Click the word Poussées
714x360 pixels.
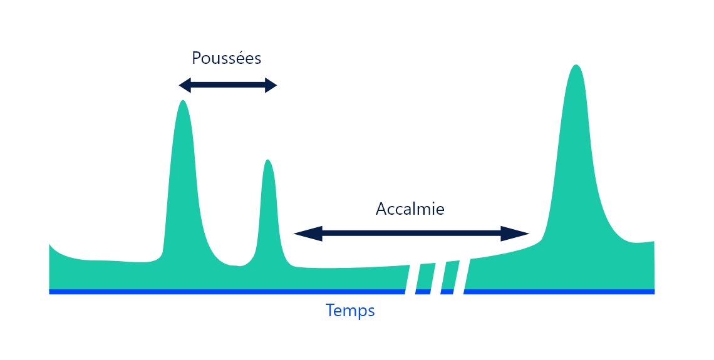click(226, 58)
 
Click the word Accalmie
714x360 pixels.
click(410, 209)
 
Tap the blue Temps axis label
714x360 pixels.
click(350, 311)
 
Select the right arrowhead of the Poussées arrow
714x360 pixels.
click(271, 86)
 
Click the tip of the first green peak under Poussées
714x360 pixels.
click(183, 101)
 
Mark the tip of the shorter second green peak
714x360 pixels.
click(268, 161)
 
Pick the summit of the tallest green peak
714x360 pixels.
click(576, 66)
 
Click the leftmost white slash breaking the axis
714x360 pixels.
click(411, 279)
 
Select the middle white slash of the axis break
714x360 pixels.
click(435, 279)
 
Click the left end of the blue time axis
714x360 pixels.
click(51, 292)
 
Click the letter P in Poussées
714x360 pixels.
click(196, 58)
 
